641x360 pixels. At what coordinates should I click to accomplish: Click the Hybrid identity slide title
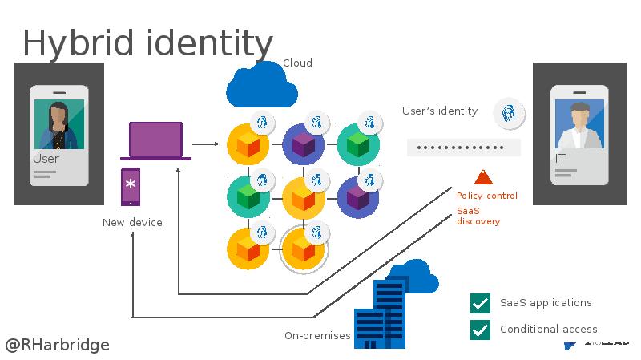point(147,43)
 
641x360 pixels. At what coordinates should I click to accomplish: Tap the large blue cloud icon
point(261,86)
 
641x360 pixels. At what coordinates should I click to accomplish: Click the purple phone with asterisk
point(131,187)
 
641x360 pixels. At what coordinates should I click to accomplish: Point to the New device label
point(132,222)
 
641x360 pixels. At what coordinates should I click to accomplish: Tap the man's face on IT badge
point(579,118)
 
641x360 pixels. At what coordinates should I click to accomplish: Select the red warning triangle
point(483,177)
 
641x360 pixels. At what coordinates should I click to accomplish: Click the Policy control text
point(487,196)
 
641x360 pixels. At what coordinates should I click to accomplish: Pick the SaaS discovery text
point(478,216)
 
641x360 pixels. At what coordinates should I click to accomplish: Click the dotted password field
point(463,148)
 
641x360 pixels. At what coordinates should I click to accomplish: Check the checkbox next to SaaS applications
point(480,303)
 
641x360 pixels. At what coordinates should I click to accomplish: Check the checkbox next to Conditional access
point(480,329)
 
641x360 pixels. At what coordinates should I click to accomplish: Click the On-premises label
point(317,335)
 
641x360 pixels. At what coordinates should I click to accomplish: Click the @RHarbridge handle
point(58,345)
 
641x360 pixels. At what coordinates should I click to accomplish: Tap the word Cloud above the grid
point(297,63)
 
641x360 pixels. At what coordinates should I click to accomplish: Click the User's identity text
point(440,111)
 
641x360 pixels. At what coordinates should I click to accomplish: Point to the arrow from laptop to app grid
point(206,144)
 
